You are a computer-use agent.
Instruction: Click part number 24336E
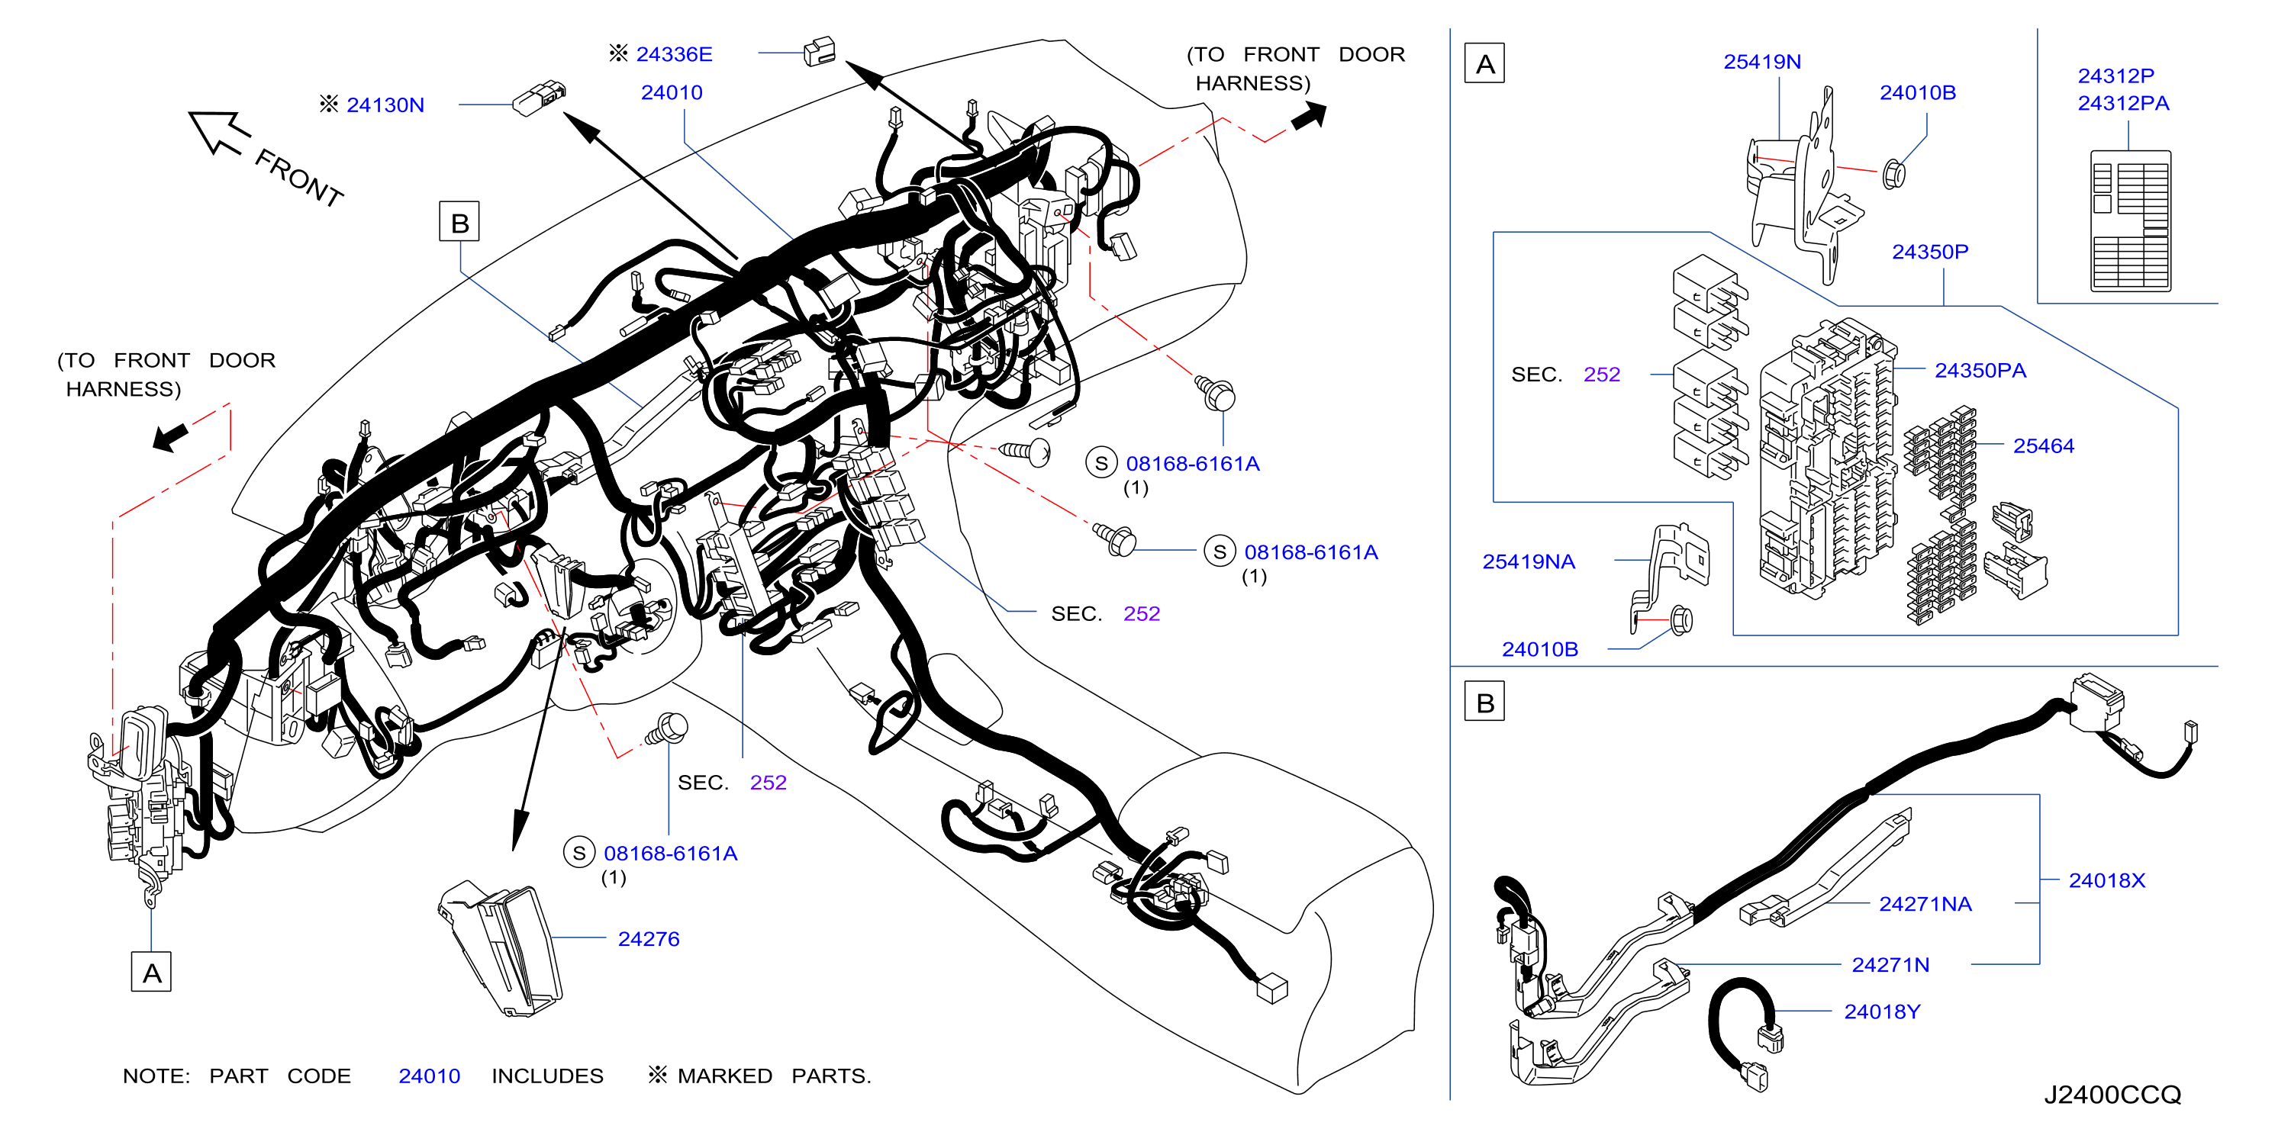pos(674,55)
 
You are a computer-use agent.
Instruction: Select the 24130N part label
pos(385,105)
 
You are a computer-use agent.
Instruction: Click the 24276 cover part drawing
pos(501,947)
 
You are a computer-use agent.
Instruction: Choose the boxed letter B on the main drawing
pos(459,222)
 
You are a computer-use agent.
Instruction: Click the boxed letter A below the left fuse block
pos(151,972)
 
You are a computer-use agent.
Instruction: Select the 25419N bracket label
pos(1762,62)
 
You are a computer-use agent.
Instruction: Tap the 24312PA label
pos(2123,103)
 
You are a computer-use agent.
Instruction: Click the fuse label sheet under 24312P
pos(2130,220)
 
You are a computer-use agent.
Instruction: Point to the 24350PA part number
pos(1980,371)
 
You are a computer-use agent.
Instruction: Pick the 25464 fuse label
pos(2044,446)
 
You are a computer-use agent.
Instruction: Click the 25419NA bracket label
pos(1529,561)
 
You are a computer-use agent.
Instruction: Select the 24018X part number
pos(2106,880)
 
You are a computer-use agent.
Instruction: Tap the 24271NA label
pos(1925,904)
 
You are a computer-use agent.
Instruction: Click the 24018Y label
pos(1882,1012)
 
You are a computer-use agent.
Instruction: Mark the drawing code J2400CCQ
pos(2112,1095)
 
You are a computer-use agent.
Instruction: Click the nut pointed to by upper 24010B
pos(1893,173)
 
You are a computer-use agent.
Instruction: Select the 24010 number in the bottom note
pos(429,1076)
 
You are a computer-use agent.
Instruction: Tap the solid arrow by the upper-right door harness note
pos(1309,117)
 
